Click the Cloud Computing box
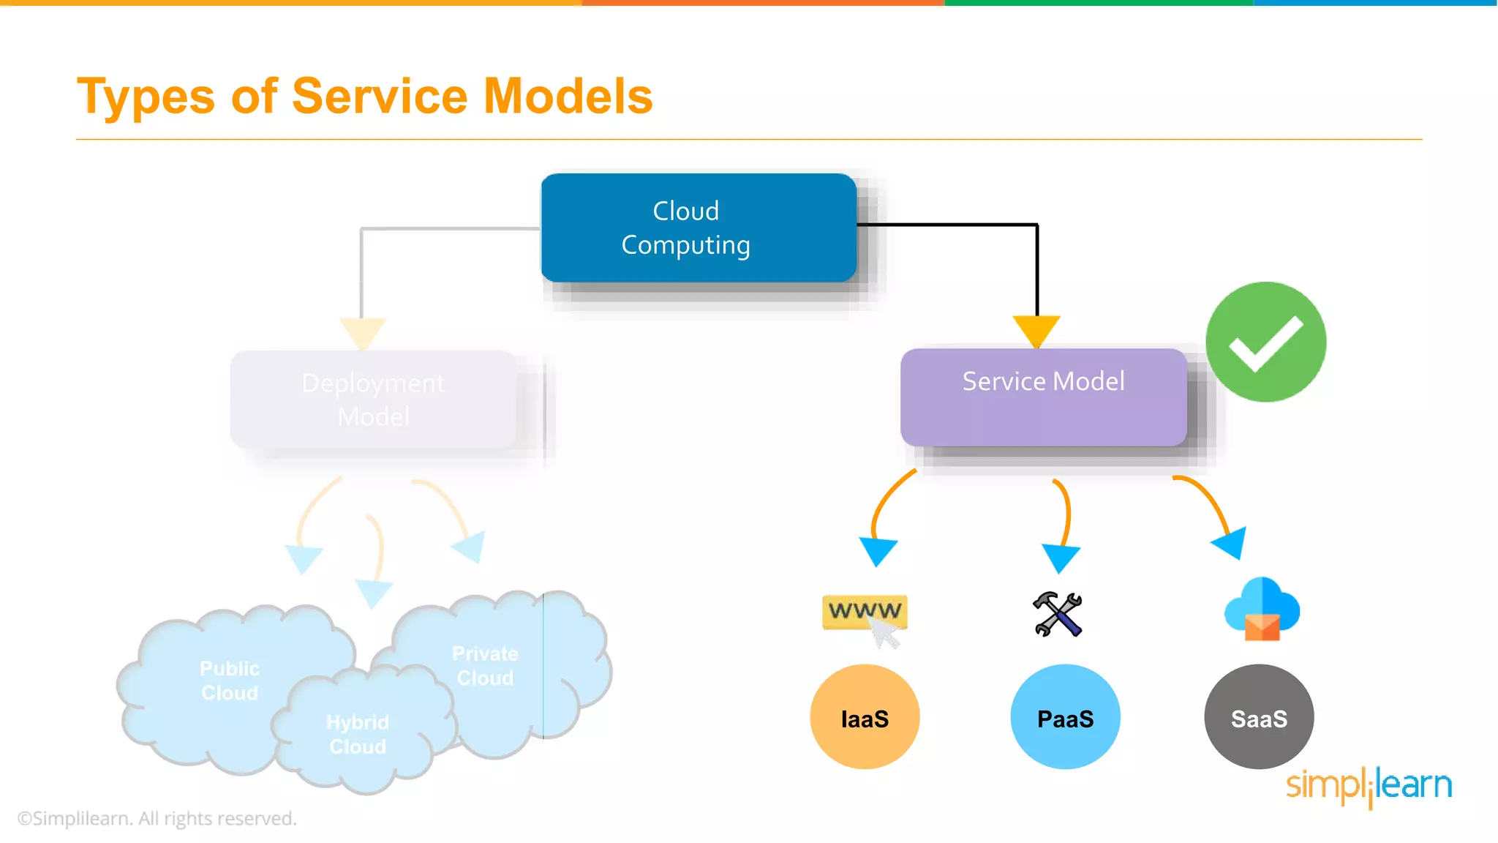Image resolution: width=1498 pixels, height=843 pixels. pyautogui.click(x=699, y=228)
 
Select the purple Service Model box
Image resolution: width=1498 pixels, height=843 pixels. pyautogui.click(x=1043, y=397)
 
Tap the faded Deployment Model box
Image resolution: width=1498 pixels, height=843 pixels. pyautogui.click(x=373, y=400)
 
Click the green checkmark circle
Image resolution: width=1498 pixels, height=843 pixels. pyautogui.click(x=1265, y=342)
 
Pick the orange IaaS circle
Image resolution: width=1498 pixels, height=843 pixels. pyautogui.click(x=865, y=717)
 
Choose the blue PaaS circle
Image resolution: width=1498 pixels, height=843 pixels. pyautogui.click(x=1065, y=717)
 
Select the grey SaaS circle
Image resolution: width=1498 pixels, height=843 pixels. pyautogui.click(x=1259, y=717)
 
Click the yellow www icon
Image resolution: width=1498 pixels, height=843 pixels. pyautogui.click(x=865, y=612)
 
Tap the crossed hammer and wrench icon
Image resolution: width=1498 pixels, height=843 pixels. pyautogui.click(x=1058, y=614)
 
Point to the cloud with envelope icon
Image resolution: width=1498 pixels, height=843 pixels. pyautogui.click(x=1262, y=609)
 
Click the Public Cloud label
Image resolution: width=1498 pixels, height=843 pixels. pyautogui.click(x=230, y=681)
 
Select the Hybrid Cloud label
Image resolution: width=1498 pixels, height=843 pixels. pyautogui.click(x=358, y=734)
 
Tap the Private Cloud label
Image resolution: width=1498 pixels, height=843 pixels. pyautogui.click(x=485, y=666)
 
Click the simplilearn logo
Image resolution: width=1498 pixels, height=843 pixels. pyautogui.click(x=1369, y=786)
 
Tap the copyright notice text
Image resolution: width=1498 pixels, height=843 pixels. pyautogui.click(x=157, y=818)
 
